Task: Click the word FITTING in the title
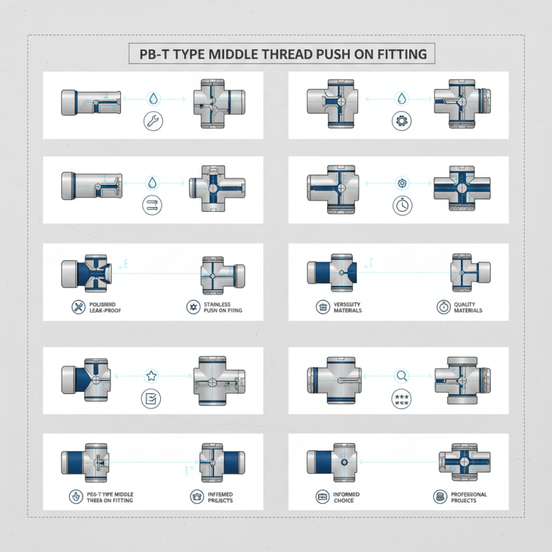[x=402, y=53]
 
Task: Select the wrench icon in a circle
[x=152, y=121]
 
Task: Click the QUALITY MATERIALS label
[x=469, y=306]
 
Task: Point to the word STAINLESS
[x=218, y=303]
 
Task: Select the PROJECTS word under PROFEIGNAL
[x=469, y=500]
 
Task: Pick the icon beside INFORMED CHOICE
[x=321, y=496]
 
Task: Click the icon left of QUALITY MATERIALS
[x=442, y=306]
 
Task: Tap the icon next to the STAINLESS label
[x=192, y=306]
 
